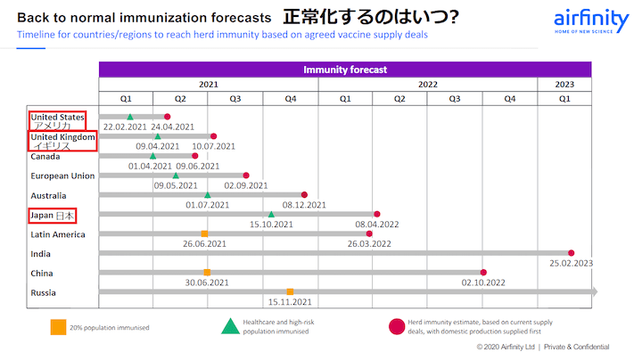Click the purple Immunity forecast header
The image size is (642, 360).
click(344, 69)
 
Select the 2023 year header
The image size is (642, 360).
click(564, 84)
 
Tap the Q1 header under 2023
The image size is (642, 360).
click(564, 99)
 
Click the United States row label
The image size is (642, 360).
click(58, 117)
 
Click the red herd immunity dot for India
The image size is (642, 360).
click(572, 253)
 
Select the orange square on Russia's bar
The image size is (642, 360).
click(290, 291)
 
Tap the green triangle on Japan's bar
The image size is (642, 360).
click(271, 214)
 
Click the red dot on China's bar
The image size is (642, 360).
click(484, 273)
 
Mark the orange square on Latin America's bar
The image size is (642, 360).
click(204, 233)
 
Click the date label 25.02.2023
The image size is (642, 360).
click(572, 264)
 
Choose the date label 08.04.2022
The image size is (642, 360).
click(376, 225)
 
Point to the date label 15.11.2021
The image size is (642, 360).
click(290, 302)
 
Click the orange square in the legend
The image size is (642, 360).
click(57, 327)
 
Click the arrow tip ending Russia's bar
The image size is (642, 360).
click(594, 291)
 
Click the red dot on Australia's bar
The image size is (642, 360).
click(304, 194)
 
